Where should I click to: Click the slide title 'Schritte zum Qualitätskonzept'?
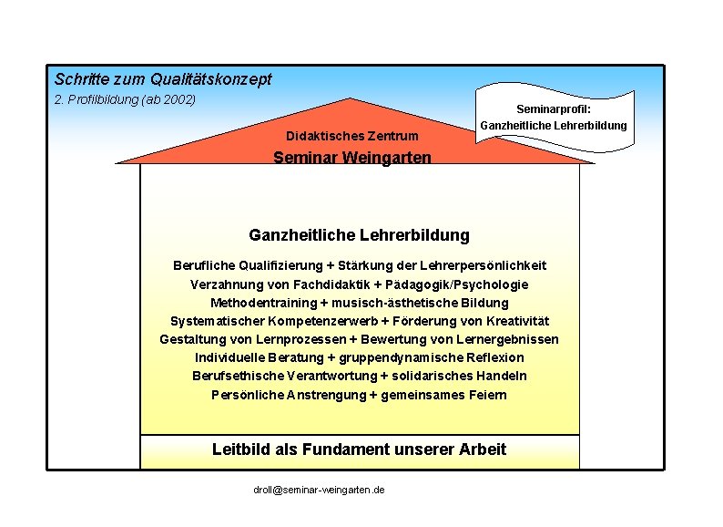[x=162, y=80]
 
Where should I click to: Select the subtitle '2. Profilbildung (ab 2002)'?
[x=125, y=99]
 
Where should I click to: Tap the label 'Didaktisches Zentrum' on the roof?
[x=352, y=136]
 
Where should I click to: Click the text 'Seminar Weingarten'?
[x=352, y=158]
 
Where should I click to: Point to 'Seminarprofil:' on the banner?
[x=554, y=108]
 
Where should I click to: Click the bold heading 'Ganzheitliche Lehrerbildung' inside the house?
[x=359, y=235]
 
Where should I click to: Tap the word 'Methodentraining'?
[x=258, y=303]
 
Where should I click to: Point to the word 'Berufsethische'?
[x=234, y=376]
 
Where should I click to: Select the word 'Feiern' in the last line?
[x=487, y=395]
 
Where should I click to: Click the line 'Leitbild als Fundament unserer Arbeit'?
[x=359, y=449]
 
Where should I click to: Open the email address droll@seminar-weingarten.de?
[x=319, y=491]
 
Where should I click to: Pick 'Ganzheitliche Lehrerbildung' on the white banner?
[x=554, y=126]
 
